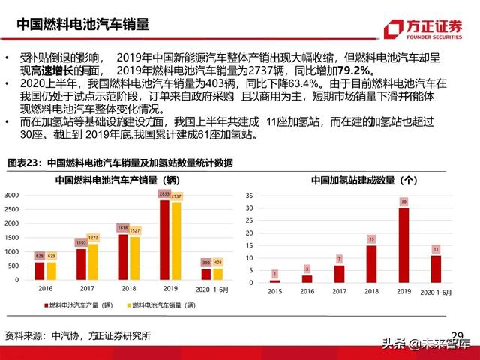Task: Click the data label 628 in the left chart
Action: click(40, 256)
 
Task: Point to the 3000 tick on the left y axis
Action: click(11, 195)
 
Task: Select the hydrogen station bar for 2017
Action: click(339, 274)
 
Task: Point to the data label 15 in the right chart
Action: click(371, 239)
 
